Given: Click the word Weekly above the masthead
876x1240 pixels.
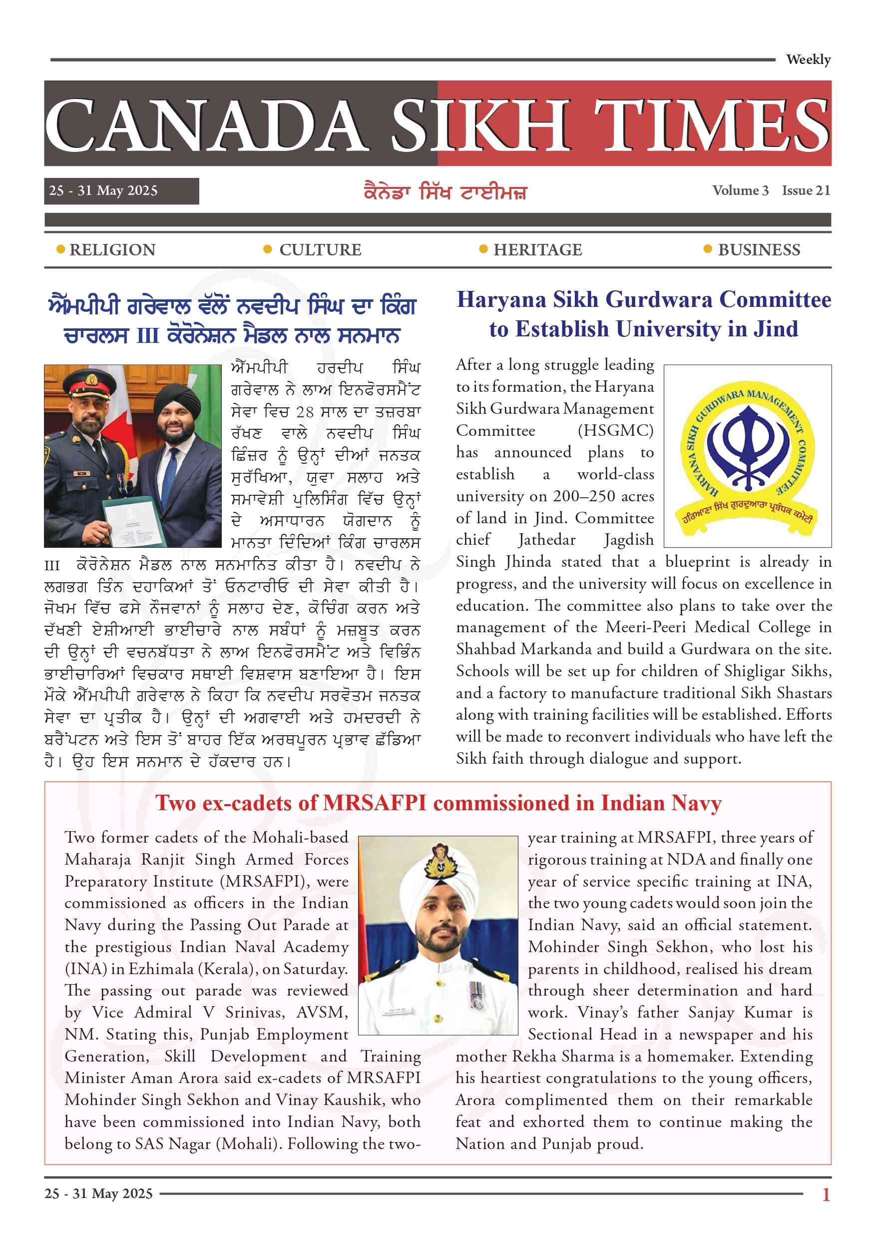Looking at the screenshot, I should [808, 59].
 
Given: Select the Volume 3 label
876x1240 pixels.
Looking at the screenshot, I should [740, 190].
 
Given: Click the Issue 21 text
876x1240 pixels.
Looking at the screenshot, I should [806, 190].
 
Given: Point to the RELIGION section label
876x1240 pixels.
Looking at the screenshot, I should [112, 250].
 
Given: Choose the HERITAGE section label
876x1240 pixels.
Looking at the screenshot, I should [537, 250].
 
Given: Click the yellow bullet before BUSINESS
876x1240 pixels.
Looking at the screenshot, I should [708, 249].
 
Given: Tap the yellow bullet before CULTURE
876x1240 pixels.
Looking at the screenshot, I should [267, 249].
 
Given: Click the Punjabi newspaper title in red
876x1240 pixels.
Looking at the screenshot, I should [445, 192].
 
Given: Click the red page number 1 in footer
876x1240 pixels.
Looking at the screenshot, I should [826, 1194].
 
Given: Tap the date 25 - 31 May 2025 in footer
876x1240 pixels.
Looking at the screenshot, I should [99, 1193].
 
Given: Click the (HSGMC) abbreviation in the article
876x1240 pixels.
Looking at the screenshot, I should [615, 430].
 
